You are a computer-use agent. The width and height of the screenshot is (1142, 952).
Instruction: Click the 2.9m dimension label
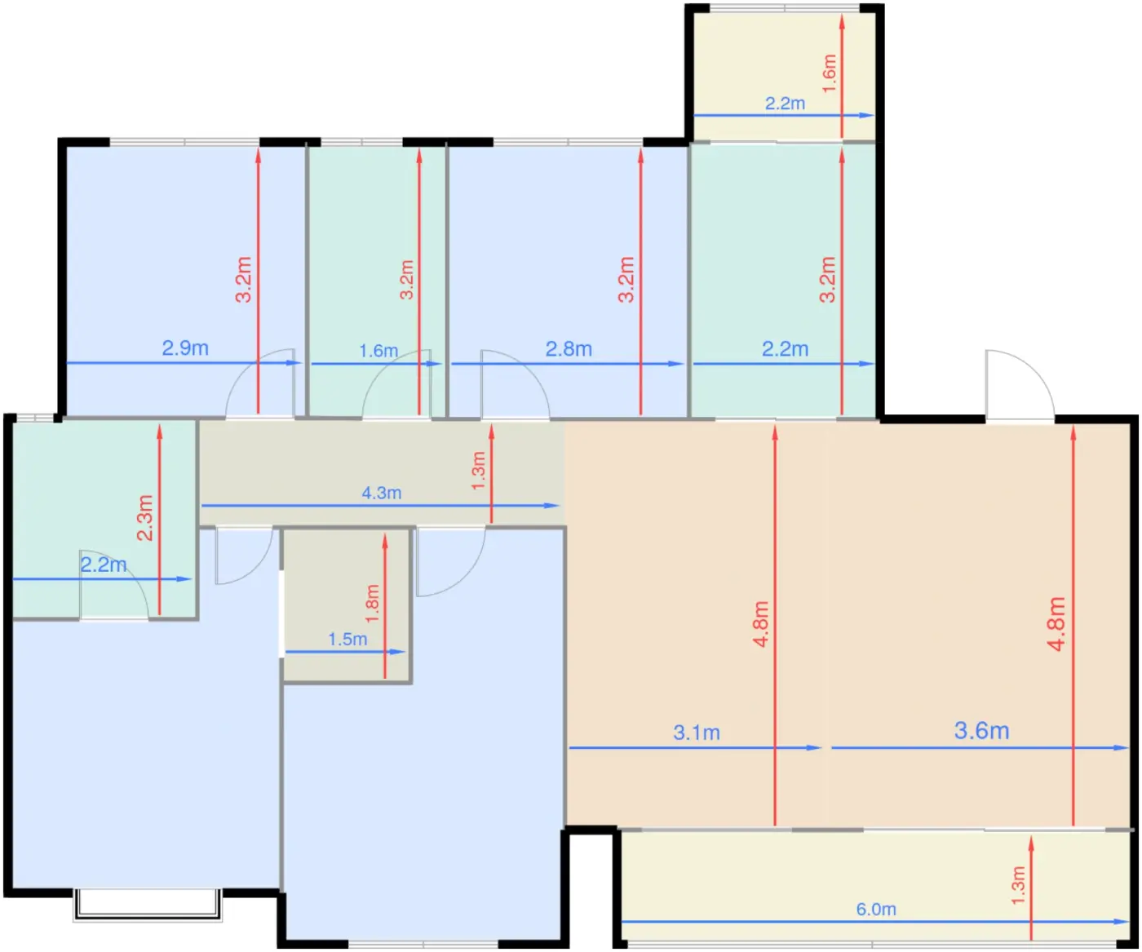[185, 348]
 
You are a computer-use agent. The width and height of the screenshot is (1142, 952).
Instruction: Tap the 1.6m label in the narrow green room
[378, 351]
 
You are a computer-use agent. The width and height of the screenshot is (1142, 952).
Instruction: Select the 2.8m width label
[569, 348]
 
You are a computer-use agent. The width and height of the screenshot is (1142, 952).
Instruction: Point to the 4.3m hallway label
[381, 493]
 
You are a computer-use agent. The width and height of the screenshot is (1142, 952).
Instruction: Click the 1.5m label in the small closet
[347, 639]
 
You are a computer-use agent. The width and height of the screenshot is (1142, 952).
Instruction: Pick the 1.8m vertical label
[372, 604]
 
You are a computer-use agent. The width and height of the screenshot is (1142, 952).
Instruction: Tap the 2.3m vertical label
[145, 517]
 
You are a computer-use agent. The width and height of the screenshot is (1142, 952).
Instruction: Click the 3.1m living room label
[697, 733]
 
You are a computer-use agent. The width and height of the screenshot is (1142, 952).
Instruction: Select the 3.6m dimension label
[982, 731]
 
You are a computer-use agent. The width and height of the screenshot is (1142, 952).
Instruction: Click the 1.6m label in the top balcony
[829, 73]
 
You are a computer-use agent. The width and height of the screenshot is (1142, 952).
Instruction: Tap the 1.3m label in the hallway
[478, 471]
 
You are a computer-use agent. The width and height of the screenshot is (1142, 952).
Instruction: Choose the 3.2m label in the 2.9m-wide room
[243, 280]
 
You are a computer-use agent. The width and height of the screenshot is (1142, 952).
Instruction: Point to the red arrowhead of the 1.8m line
[384, 541]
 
